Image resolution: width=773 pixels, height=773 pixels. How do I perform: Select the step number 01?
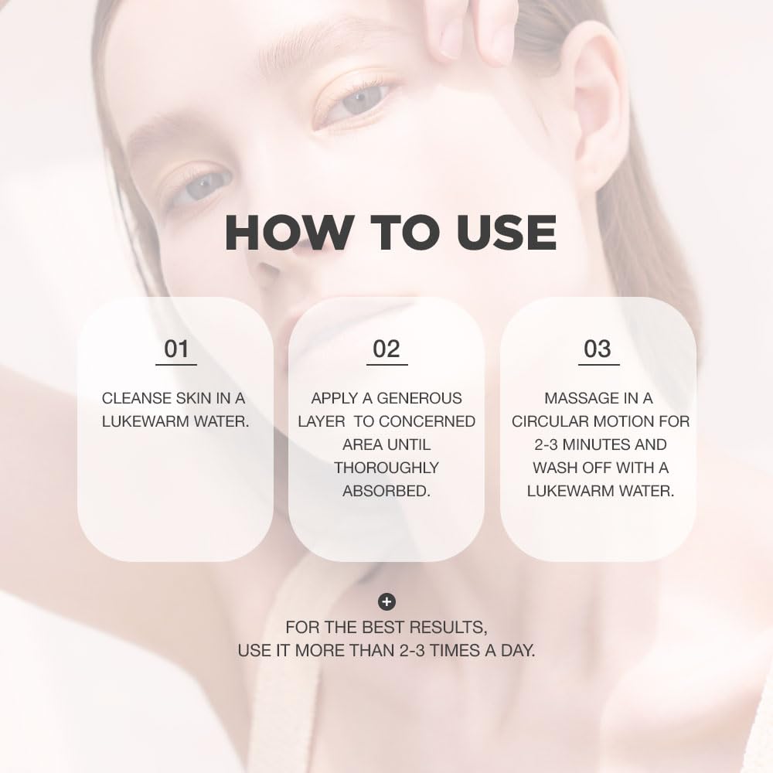pyautogui.click(x=176, y=349)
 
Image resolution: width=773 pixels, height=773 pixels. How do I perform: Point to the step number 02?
pyautogui.click(x=386, y=349)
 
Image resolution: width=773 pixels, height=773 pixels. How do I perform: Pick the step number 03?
pyautogui.click(x=598, y=349)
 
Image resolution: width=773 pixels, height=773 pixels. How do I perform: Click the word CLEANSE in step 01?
pyautogui.click(x=136, y=398)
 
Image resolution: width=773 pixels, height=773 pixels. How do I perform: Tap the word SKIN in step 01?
pyautogui.click(x=193, y=398)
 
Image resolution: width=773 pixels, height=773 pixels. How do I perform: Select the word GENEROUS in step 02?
pyautogui.click(x=421, y=398)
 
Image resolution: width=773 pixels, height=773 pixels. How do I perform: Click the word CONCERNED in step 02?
pyautogui.click(x=427, y=421)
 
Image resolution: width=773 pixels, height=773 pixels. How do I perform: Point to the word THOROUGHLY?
pyautogui.click(x=386, y=468)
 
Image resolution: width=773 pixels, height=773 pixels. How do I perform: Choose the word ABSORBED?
pyautogui.click(x=386, y=491)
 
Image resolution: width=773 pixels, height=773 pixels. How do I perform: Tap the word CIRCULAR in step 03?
pyautogui.click(x=550, y=421)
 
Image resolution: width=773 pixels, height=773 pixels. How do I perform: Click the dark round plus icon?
pyautogui.click(x=386, y=601)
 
